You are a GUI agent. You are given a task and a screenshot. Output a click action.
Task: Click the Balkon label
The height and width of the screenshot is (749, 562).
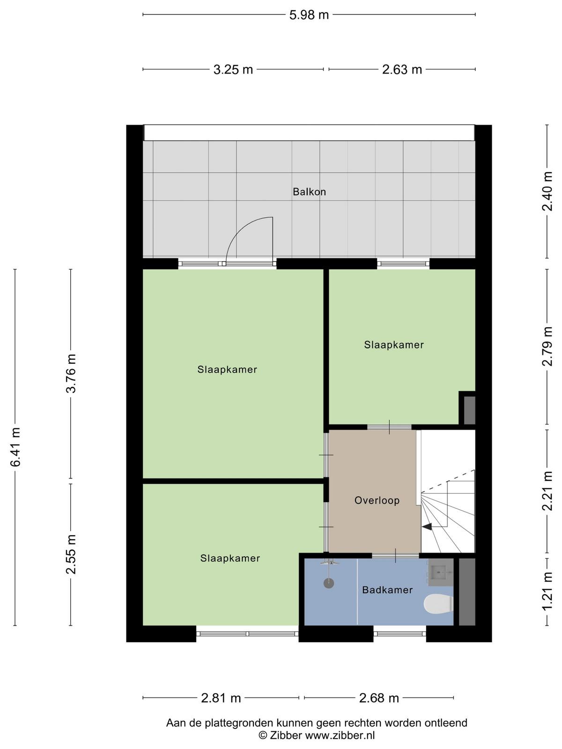309,192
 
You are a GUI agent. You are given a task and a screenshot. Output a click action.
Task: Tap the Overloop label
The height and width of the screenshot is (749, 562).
377,500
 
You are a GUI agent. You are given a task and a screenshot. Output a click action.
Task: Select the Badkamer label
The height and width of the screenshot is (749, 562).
387,590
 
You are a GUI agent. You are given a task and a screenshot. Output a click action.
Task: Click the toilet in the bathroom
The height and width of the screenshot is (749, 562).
438,603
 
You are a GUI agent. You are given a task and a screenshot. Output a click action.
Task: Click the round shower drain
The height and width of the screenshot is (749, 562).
329,583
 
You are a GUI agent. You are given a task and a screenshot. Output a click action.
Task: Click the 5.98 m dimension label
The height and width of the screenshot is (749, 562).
309,15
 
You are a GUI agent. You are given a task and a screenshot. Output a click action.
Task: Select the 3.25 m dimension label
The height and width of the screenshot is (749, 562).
233,70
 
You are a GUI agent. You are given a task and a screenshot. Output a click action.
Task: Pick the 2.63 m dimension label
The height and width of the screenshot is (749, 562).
402,70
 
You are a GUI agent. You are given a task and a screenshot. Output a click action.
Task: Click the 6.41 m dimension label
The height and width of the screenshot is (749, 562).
16,447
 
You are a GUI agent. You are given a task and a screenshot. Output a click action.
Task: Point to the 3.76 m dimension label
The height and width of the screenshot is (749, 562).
71,374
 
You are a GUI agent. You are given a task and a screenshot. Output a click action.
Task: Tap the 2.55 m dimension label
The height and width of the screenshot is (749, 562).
71,555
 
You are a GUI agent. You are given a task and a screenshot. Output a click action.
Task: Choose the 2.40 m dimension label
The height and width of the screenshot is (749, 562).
547,191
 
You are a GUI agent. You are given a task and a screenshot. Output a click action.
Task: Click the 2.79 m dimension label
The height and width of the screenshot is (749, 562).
547,346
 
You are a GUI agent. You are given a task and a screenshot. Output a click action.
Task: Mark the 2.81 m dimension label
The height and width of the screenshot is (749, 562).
221,698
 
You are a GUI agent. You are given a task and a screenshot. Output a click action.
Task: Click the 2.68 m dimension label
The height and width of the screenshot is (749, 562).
379,698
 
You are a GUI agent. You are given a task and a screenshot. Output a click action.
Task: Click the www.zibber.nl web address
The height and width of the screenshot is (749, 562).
340,735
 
